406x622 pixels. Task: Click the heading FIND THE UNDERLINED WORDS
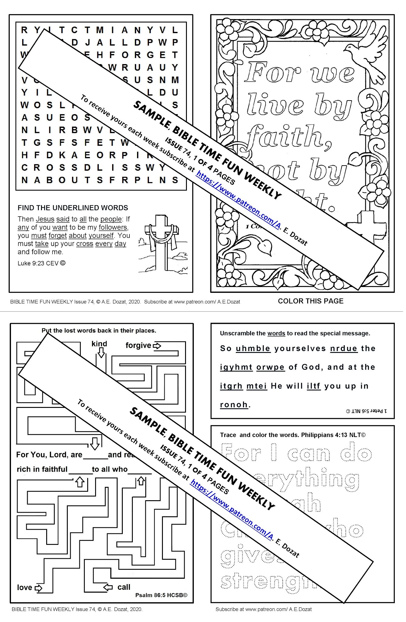(73, 208)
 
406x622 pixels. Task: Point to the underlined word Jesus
(45, 219)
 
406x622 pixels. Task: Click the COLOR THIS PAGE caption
(311, 301)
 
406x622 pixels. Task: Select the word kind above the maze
(99, 344)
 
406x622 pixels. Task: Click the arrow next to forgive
(157, 346)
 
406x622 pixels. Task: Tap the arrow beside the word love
(39, 588)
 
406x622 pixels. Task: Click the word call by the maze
(124, 587)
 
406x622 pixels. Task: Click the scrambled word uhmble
(253, 348)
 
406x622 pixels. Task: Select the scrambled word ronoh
(233, 405)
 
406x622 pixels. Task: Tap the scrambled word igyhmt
(236, 367)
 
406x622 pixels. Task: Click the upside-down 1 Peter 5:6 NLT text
(366, 411)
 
